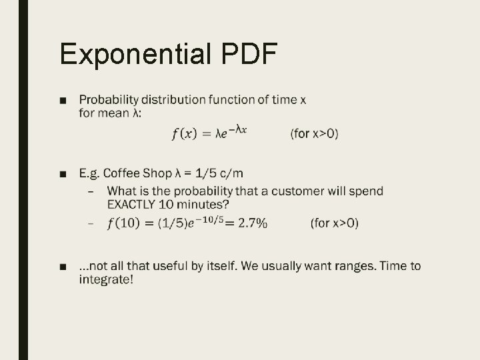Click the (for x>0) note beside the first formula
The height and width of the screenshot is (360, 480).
(314, 134)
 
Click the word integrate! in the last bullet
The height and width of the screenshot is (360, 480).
(106, 279)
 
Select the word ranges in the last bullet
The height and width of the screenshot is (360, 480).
(354, 266)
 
